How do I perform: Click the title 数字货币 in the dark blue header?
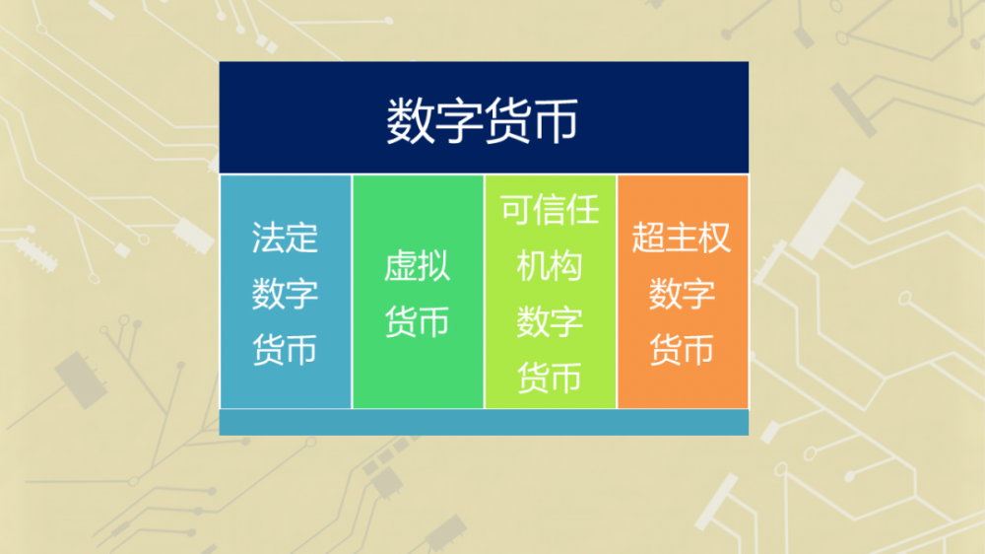[x=483, y=121]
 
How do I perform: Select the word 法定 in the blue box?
[x=285, y=238]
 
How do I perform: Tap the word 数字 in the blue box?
[x=285, y=294]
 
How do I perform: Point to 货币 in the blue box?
[x=285, y=350]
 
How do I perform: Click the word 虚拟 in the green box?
[x=417, y=266]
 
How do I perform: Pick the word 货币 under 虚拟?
[x=417, y=321]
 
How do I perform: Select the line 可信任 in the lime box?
[x=550, y=210]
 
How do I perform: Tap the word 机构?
[x=550, y=266]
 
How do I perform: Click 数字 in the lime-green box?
[x=550, y=321]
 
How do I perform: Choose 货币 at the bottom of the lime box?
[x=550, y=378]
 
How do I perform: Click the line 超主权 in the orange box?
[x=682, y=238]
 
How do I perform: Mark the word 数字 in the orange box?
[x=682, y=294]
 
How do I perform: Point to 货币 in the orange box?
[x=682, y=350]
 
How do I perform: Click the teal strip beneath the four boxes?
[x=483, y=423]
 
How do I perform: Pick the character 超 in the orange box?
[x=649, y=238]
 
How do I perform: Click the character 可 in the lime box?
[x=517, y=210]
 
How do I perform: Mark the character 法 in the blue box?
[x=268, y=238]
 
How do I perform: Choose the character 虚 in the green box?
[x=401, y=266]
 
